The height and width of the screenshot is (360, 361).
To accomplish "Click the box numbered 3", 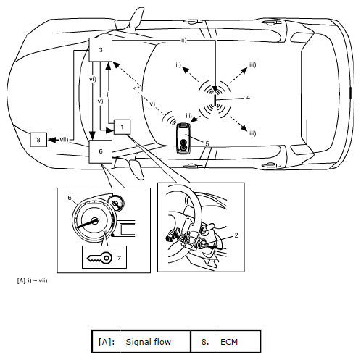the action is coord(101,50).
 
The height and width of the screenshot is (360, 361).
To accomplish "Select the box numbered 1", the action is coord(122,127).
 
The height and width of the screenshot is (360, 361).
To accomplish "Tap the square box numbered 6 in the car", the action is coord(101,151).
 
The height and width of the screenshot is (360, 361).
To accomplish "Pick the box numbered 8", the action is coord(38,140).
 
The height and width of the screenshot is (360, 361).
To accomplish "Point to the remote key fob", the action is coord(184,138).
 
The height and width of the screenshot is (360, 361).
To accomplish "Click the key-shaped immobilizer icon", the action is coord(99,258).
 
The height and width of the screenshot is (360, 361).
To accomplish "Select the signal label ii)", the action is coord(184,41).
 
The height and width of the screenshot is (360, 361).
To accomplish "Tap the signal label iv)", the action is coord(152,104).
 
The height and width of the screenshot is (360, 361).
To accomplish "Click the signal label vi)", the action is coord(93,79).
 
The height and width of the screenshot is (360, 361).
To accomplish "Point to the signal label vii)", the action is coord(65,140).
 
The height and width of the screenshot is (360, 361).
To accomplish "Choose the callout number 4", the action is coord(248,97).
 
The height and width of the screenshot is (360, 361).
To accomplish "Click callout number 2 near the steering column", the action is coord(236,235).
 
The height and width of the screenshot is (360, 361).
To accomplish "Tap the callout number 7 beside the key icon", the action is coord(119,259).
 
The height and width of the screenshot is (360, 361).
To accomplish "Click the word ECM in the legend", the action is coord(229,342).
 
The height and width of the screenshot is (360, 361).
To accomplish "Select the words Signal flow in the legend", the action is coord(149,342).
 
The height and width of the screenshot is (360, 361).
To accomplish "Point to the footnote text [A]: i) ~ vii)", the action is coord(32,280).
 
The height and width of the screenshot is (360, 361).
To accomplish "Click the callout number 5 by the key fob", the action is coord(207,143).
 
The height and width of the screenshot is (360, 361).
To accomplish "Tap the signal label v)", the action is coord(100,101).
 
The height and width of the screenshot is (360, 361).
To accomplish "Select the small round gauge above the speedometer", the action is coord(116,203).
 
